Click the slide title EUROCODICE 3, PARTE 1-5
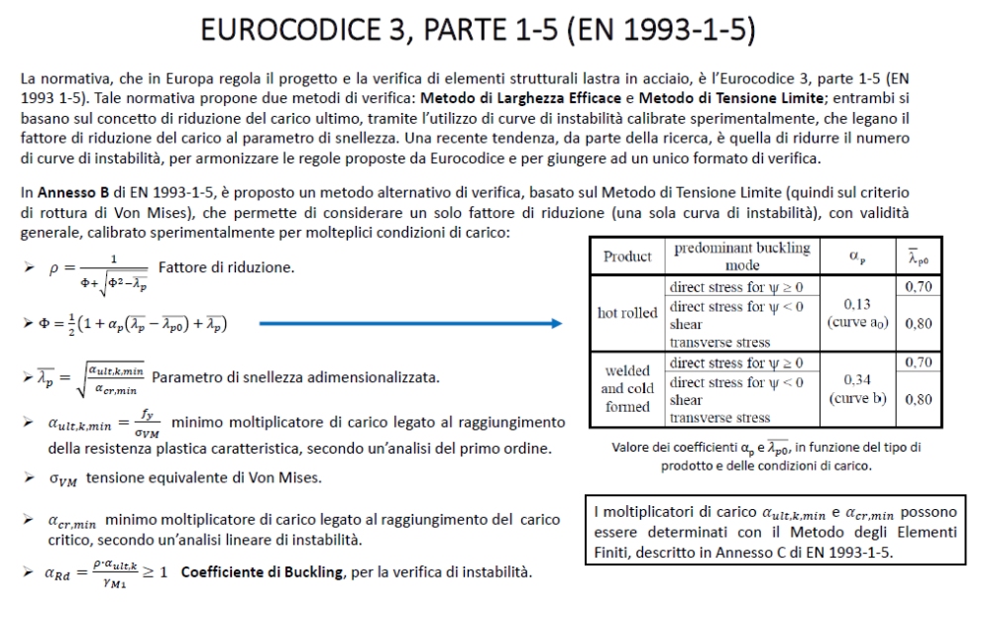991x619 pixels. point(478,32)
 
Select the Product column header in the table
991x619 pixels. point(627,257)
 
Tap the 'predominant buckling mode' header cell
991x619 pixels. point(741,257)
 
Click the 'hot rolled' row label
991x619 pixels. point(627,313)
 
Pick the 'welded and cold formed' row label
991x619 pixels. point(627,388)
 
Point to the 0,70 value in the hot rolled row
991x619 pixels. point(919,287)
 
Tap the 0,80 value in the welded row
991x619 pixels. point(919,399)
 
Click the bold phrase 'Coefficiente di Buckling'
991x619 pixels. point(255,572)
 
